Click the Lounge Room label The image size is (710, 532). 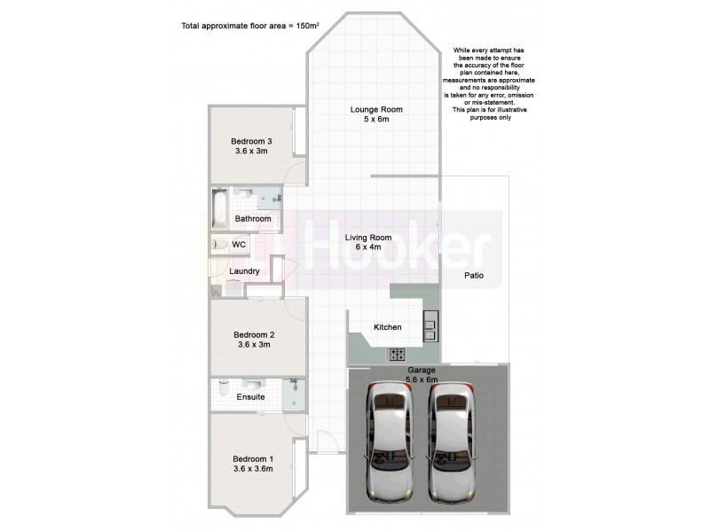click(376, 110)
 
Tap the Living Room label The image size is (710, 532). click(368, 238)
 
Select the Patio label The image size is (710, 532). click(474, 276)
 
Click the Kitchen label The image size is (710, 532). click(387, 327)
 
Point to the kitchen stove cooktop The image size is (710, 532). click(395, 354)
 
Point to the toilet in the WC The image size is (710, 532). click(218, 244)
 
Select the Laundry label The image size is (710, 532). click(244, 271)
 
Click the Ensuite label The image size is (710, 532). click(250, 397)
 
